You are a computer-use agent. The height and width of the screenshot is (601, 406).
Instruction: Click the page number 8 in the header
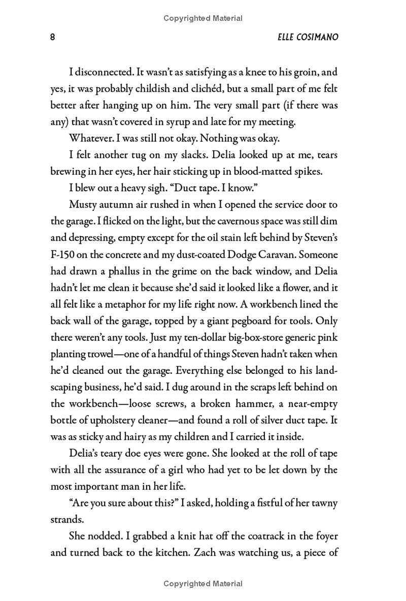pyautogui.click(x=53, y=38)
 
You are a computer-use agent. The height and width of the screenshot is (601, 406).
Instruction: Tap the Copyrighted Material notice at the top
pyautogui.click(x=203, y=18)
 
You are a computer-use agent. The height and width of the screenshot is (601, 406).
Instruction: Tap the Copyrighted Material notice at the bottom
pyautogui.click(x=203, y=584)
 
